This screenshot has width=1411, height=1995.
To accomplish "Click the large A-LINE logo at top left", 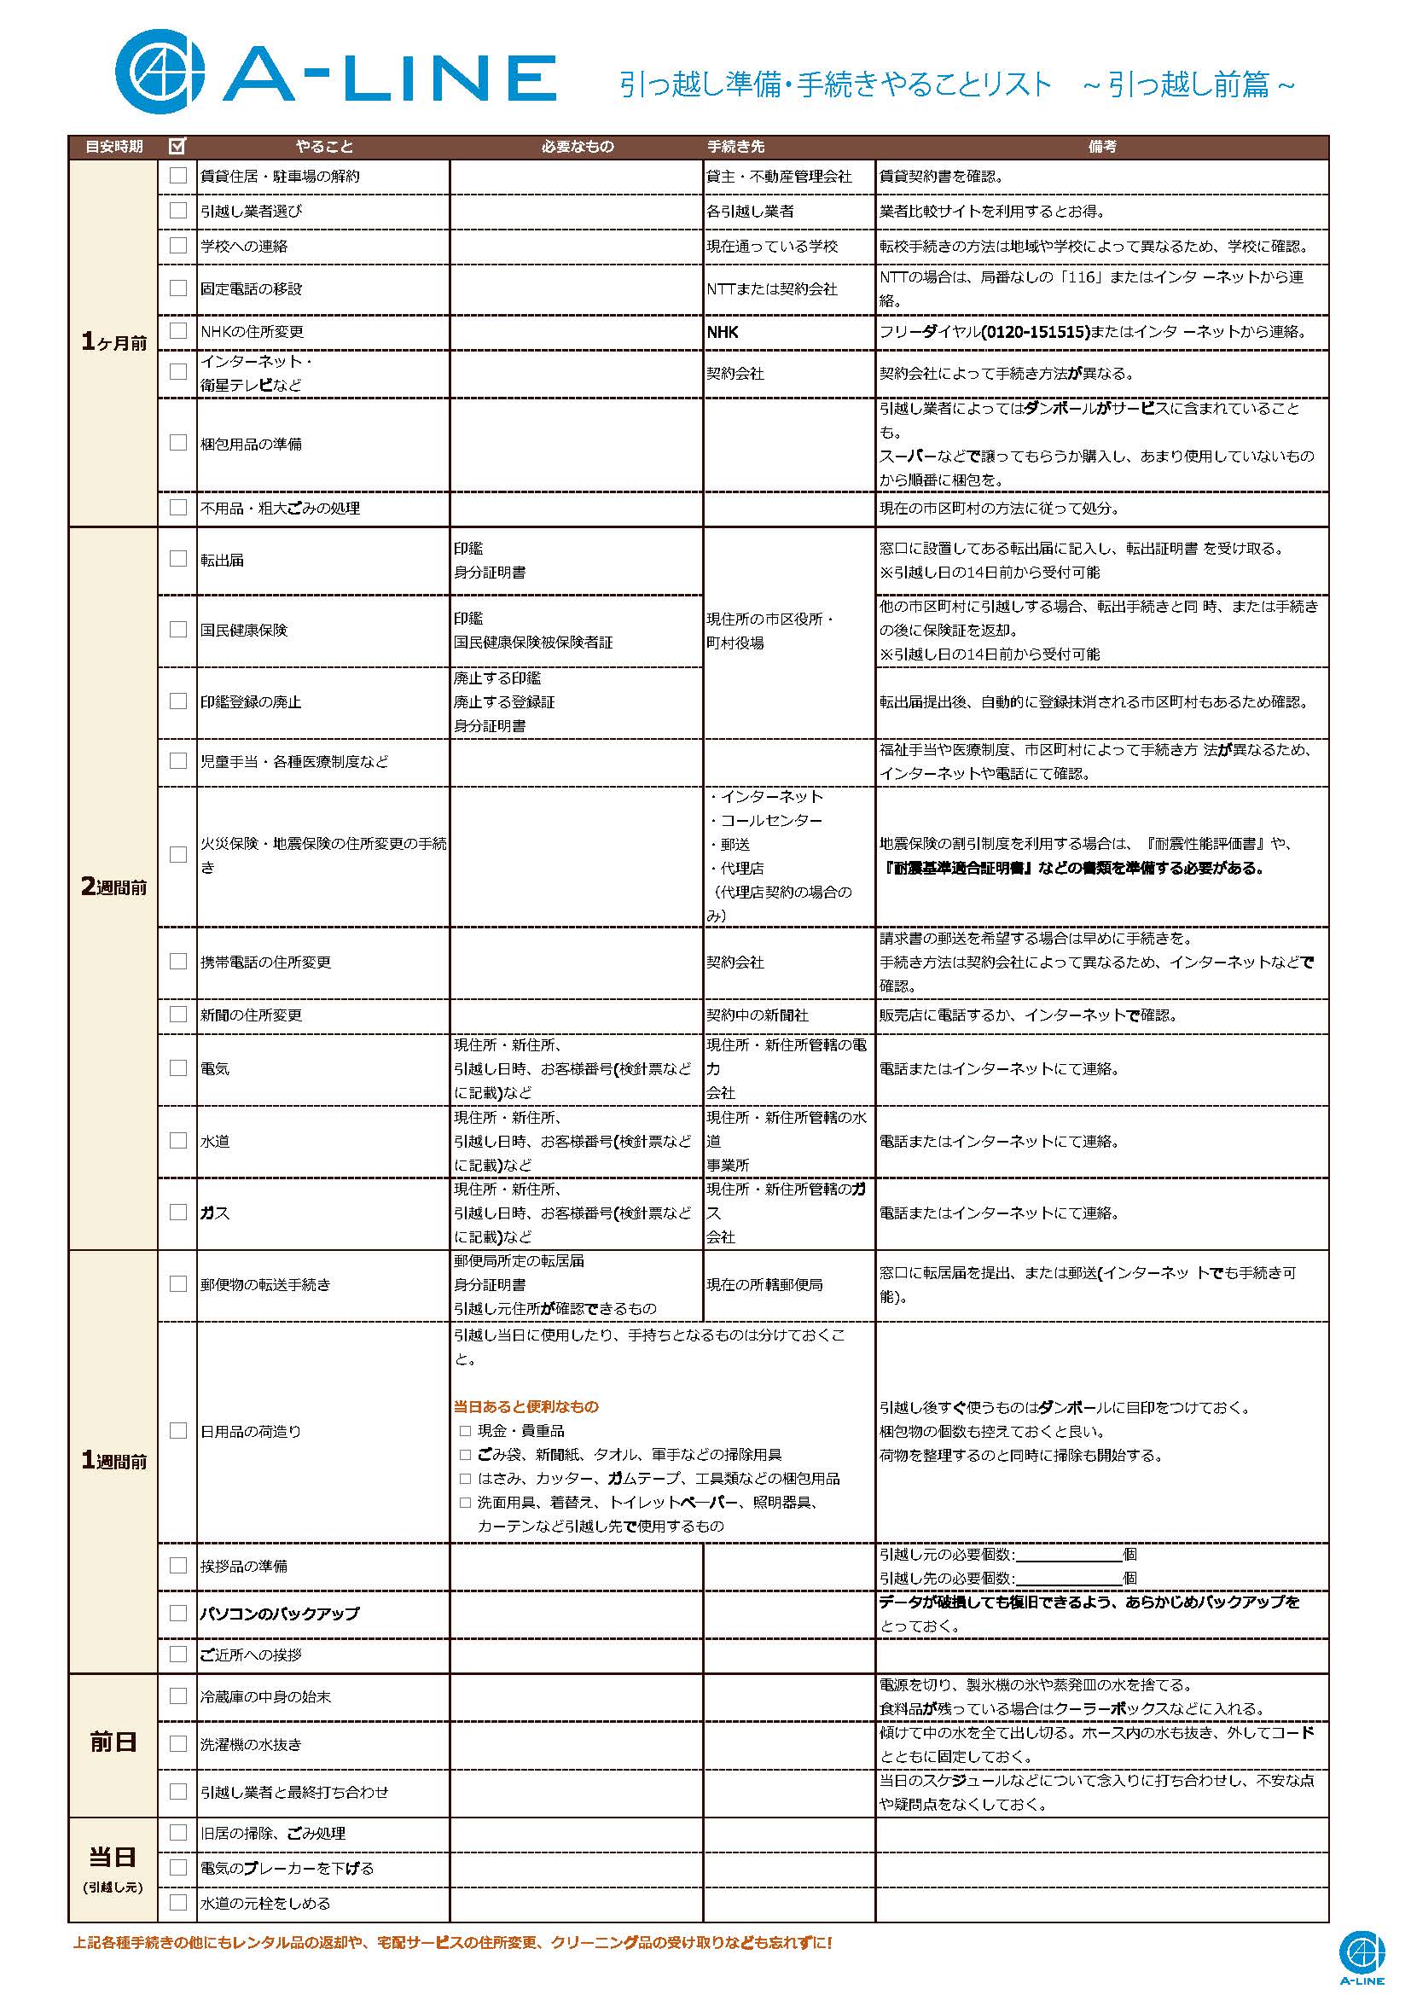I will (x=335, y=69).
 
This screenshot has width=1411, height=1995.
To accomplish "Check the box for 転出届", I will (x=178, y=559).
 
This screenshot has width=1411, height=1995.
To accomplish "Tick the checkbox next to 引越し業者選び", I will (x=178, y=210).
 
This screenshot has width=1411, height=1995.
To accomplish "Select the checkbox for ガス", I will (x=178, y=1213).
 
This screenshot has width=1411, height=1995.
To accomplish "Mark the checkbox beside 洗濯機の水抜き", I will (x=178, y=1744).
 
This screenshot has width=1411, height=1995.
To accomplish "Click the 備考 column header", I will (x=1101, y=147).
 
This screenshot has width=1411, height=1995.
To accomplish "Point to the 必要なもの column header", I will (x=577, y=147).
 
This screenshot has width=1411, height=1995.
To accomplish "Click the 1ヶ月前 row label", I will (x=113, y=342).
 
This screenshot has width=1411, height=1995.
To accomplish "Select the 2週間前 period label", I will (x=113, y=887).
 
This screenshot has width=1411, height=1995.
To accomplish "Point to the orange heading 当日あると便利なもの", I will (x=525, y=1407).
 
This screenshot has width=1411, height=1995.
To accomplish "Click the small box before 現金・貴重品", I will (x=466, y=1431).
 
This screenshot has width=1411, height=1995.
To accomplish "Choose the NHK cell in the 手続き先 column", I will (x=723, y=332).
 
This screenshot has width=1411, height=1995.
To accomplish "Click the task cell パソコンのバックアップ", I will (x=279, y=1614).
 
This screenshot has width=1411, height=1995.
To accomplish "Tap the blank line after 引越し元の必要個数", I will (x=1068, y=1555).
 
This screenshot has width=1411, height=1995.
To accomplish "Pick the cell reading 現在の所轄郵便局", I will (x=764, y=1284).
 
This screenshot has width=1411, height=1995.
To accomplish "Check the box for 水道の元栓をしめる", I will (x=178, y=1902).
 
